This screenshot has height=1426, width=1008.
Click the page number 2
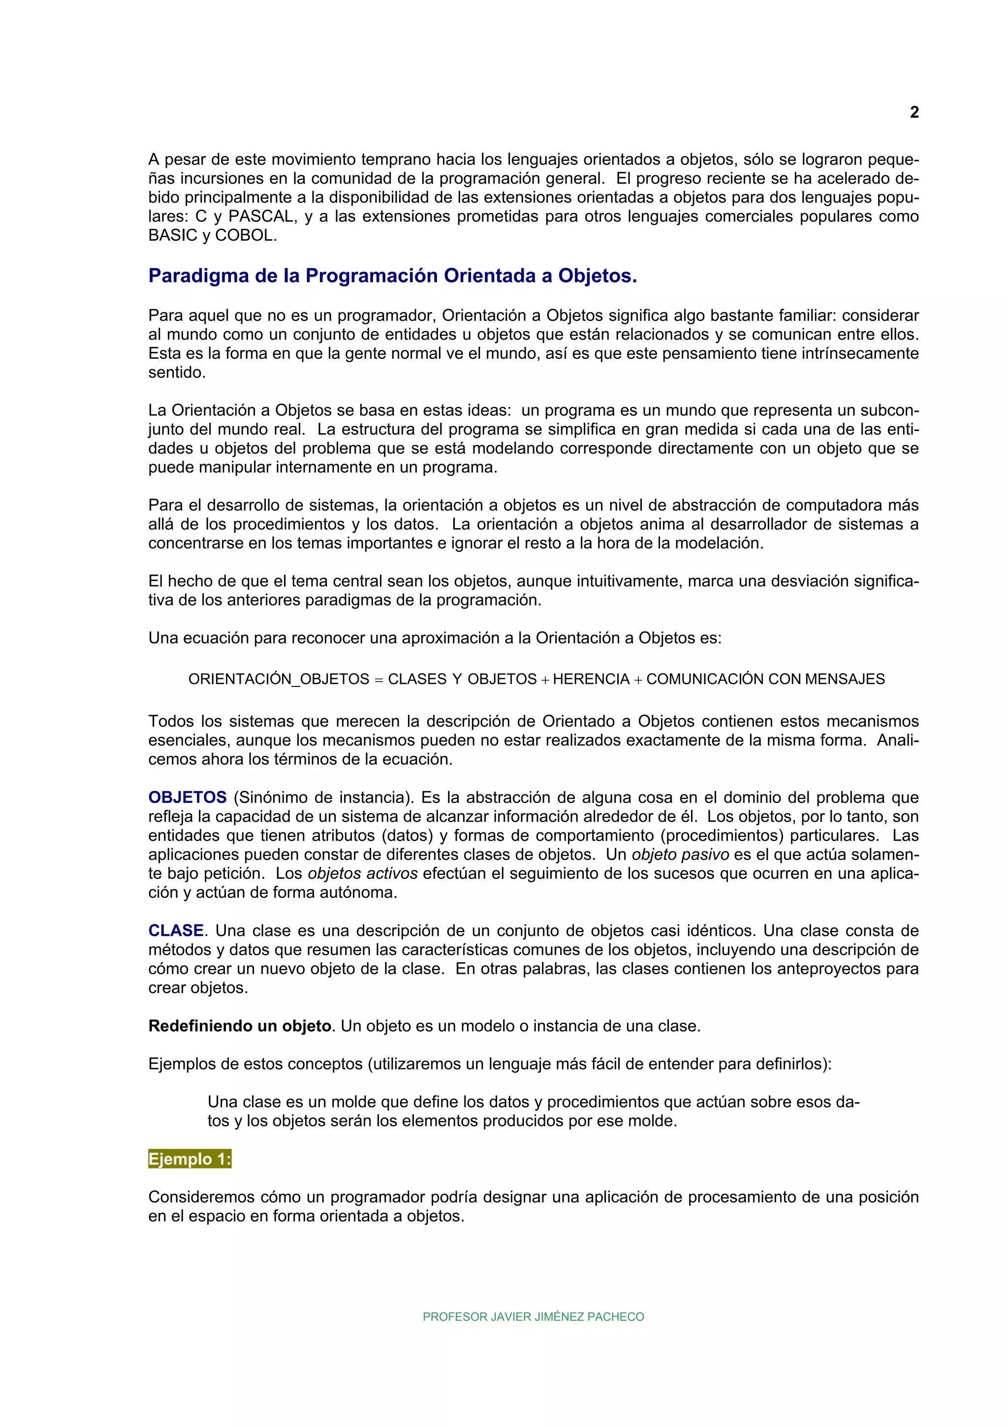(x=913, y=112)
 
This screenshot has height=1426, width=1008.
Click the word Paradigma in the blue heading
(x=199, y=276)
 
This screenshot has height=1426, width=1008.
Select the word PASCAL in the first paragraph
(x=261, y=217)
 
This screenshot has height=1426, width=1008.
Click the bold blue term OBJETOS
(x=188, y=798)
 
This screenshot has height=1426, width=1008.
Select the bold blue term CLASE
(x=176, y=930)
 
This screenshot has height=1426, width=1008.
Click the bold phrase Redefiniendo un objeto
(x=240, y=1026)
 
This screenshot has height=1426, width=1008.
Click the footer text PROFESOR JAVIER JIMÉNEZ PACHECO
(x=533, y=1317)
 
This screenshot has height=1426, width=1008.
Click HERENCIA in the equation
(x=591, y=680)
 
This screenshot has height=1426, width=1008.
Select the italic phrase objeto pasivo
(x=680, y=855)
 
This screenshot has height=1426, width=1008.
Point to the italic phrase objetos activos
(x=363, y=874)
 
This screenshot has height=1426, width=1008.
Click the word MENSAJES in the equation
(x=845, y=680)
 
